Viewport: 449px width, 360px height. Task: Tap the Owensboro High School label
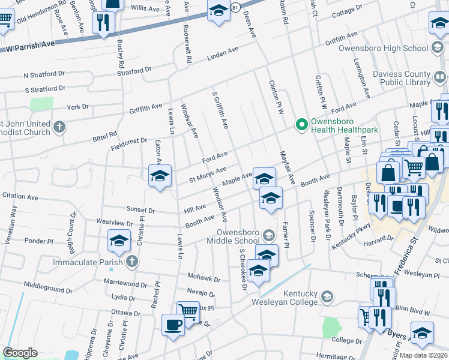click(382, 48)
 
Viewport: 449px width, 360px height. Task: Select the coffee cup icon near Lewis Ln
click(173, 325)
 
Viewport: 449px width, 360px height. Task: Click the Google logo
click(20, 353)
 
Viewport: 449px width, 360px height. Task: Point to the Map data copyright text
click(423, 355)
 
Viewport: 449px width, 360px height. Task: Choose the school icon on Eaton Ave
click(160, 176)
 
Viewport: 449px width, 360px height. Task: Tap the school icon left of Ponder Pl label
click(119, 241)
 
